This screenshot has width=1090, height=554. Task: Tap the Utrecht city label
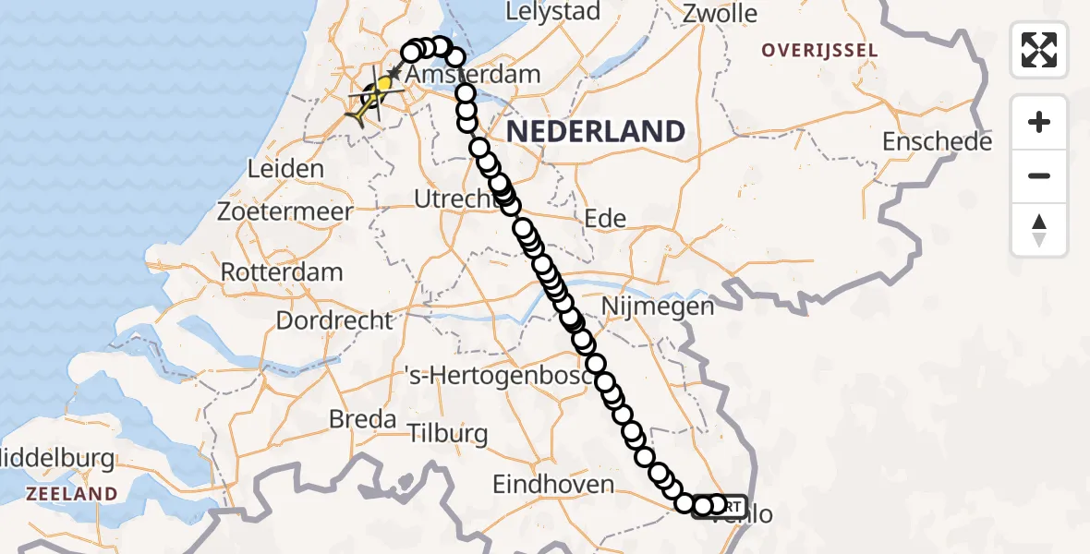(x=450, y=199)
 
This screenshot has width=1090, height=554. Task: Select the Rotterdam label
(x=282, y=272)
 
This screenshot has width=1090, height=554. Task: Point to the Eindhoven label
(x=553, y=484)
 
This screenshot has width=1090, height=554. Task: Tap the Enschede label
(x=937, y=141)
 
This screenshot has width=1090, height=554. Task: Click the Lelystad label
(x=553, y=12)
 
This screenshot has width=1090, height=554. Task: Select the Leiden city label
(x=286, y=169)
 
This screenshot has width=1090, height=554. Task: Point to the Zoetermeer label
(x=285, y=211)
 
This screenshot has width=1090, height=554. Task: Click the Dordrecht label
(x=334, y=321)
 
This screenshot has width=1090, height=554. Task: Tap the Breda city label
(x=362, y=419)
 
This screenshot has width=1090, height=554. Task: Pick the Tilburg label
(x=447, y=433)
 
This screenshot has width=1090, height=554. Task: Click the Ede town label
(x=605, y=219)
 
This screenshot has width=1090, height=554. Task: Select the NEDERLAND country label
(x=595, y=131)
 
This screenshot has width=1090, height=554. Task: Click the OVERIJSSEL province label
(x=818, y=50)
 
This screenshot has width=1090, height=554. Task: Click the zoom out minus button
(x=1039, y=175)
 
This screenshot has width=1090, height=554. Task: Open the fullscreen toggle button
(x=1039, y=50)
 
